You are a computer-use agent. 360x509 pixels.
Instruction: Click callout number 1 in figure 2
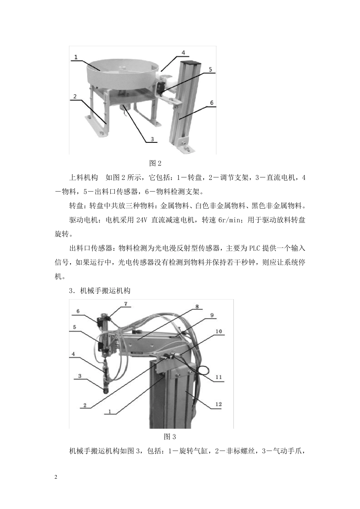(x=76, y=57)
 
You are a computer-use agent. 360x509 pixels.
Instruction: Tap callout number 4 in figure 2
(x=183, y=53)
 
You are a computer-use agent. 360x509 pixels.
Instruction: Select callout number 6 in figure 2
(x=211, y=103)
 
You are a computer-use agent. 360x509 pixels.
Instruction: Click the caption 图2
(x=155, y=163)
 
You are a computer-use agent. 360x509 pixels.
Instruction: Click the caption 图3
(x=170, y=436)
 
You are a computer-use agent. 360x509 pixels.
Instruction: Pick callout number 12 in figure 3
(x=218, y=404)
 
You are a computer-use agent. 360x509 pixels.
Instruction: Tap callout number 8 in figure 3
(x=197, y=307)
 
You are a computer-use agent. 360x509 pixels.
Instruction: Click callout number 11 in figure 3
(x=218, y=377)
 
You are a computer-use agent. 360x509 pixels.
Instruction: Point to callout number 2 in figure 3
(x=85, y=405)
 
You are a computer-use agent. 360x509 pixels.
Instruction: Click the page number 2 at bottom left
(x=56, y=477)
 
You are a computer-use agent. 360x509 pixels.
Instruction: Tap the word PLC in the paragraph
(x=254, y=249)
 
